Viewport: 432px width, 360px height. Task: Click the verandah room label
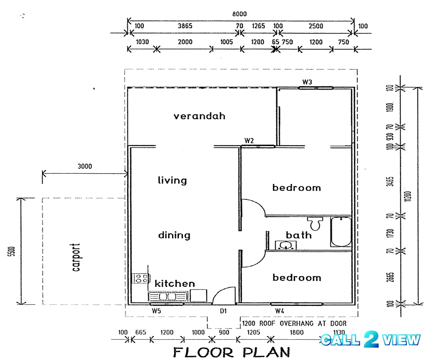coord(199,116)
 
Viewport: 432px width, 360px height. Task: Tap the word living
coord(172,180)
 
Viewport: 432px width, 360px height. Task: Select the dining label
coord(174,235)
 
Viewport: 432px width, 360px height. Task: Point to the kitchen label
coord(175,283)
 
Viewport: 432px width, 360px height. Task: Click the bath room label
coord(299,235)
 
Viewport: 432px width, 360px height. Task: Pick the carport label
coord(76,257)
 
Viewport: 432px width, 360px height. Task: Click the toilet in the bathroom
coord(315,223)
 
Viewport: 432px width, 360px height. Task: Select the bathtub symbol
coord(341,232)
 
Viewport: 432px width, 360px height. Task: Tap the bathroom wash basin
coord(286,245)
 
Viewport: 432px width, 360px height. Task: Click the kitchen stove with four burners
coord(141,278)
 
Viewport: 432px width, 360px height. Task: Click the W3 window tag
coord(307,82)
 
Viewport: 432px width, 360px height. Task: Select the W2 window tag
coord(249,141)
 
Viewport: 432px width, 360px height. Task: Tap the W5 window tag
coord(156,311)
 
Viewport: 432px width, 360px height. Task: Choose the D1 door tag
coord(223,311)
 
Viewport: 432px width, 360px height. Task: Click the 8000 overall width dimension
coord(239,14)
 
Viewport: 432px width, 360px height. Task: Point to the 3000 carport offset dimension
coord(85,166)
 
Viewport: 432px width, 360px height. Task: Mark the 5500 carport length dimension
coord(12,251)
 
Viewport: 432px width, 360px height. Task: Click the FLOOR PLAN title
coord(231,352)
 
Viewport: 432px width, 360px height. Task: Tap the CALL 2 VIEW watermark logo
coord(370,340)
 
